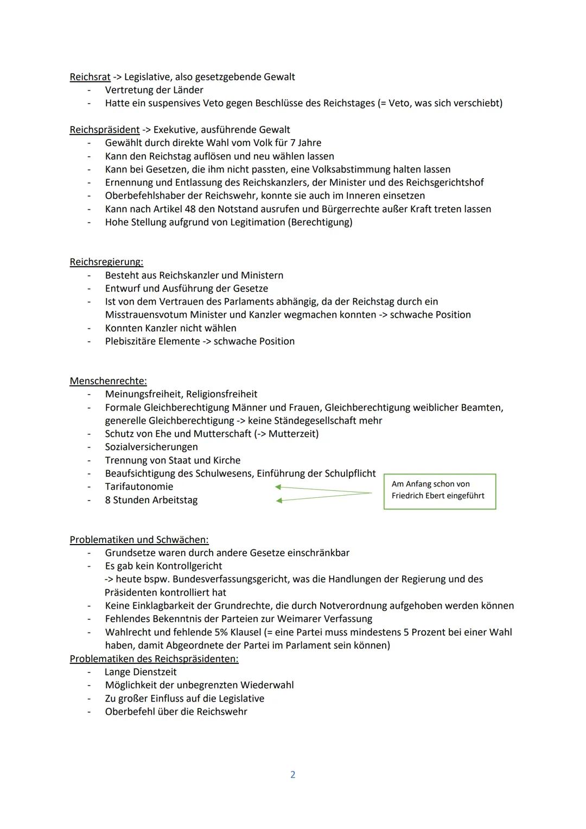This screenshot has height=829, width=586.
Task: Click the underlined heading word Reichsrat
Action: [90, 77]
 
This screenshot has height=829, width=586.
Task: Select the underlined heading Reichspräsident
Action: [105, 130]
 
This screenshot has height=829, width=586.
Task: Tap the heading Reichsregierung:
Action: [106, 262]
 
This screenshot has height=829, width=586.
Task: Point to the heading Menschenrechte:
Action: [108, 381]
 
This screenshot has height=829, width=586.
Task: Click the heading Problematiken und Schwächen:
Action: [139, 540]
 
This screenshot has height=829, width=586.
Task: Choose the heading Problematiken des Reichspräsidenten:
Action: [154, 659]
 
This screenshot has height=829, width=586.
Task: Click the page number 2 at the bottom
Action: [293, 775]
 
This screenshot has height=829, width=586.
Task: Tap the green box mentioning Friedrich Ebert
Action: [439, 491]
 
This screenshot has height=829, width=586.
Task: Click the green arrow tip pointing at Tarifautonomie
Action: [278, 487]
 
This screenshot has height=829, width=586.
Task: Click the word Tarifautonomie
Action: [139, 487]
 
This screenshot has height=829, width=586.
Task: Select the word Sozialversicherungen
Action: [151, 447]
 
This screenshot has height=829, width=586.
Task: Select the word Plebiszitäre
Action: [131, 341]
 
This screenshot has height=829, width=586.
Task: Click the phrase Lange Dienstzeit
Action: [141, 672]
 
